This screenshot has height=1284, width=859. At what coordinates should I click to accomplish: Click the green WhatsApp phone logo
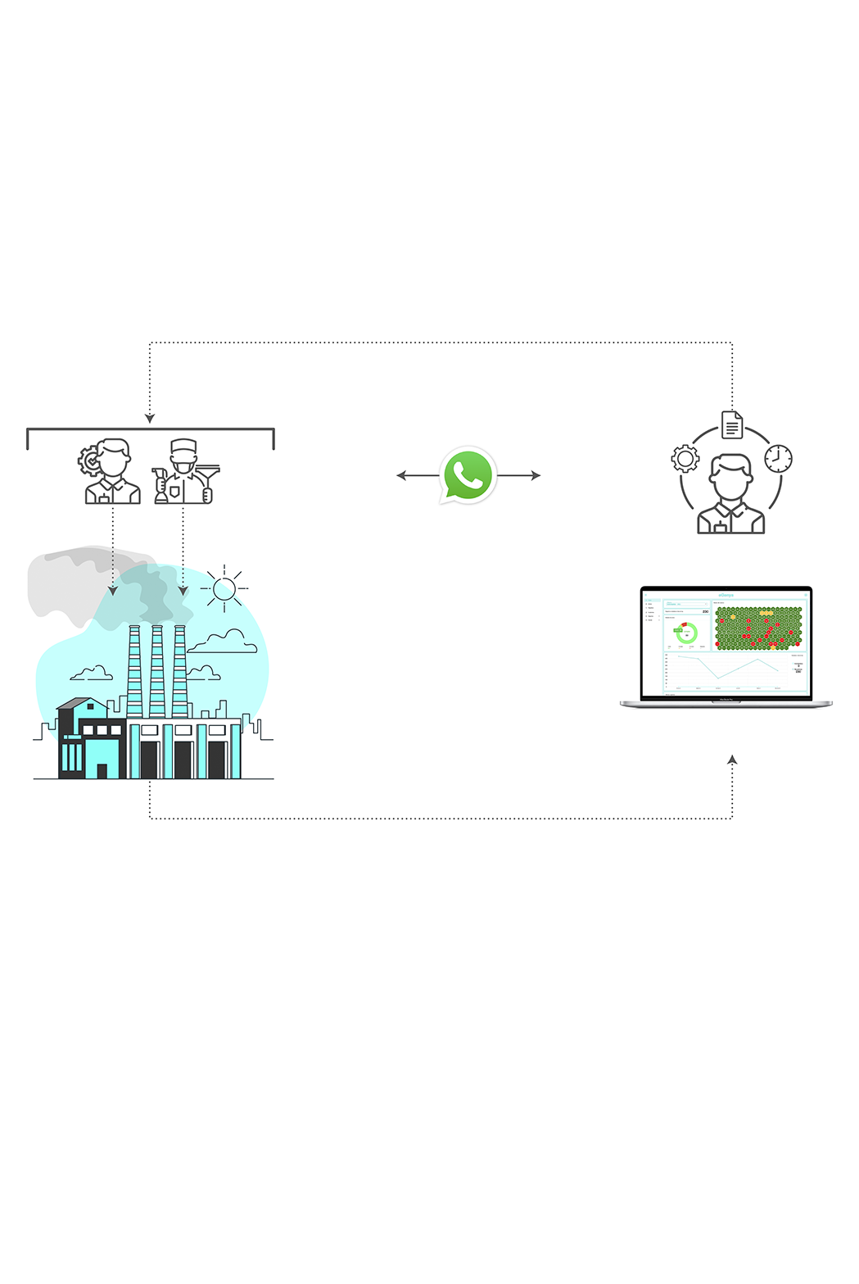click(x=468, y=474)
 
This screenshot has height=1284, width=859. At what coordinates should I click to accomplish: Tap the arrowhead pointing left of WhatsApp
click(x=401, y=475)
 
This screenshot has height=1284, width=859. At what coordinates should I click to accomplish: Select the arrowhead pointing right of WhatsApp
click(x=536, y=475)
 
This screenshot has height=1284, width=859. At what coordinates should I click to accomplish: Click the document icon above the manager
click(x=732, y=424)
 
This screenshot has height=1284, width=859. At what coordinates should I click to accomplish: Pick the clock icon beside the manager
click(x=778, y=458)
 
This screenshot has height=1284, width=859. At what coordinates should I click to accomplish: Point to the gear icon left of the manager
click(x=685, y=458)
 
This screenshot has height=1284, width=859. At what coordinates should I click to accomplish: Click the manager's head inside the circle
click(x=730, y=476)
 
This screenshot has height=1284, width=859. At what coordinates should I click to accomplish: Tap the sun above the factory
click(x=224, y=588)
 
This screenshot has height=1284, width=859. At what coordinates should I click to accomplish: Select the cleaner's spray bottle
click(x=161, y=487)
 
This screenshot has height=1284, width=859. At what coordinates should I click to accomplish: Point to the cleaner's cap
click(x=183, y=447)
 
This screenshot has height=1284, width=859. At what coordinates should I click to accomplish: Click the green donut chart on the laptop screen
click(x=686, y=633)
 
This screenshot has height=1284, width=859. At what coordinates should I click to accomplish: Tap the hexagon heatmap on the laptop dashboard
click(x=758, y=628)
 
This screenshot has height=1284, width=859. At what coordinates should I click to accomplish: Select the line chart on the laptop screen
click(x=725, y=670)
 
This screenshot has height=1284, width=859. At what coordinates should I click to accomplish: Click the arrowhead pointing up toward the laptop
click(x=732, y=760)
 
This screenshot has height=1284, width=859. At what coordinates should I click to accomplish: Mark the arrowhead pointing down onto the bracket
click(x=150, y=419)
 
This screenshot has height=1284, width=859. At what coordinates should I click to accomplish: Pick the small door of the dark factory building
click(x=102, y=770)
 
